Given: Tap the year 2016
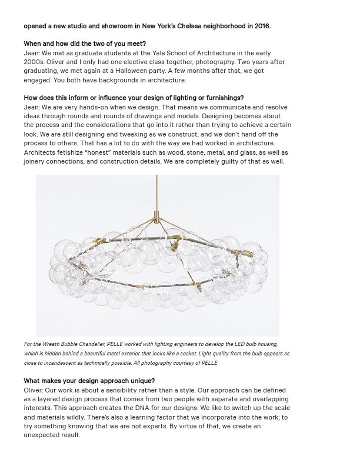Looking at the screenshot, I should [278, 26].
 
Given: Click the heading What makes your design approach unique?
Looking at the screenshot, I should [89, 380].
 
